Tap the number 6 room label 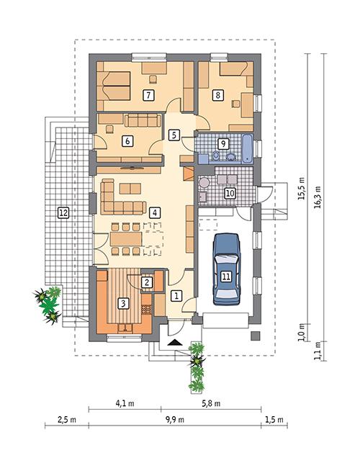pyautogui.click(x=127, y=140)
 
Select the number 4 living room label pyautogui.click(x=153, y=212)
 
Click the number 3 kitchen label pyautogui.click(x=124, y=303)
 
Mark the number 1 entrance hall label pyautogui.click(x=174, y=295)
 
